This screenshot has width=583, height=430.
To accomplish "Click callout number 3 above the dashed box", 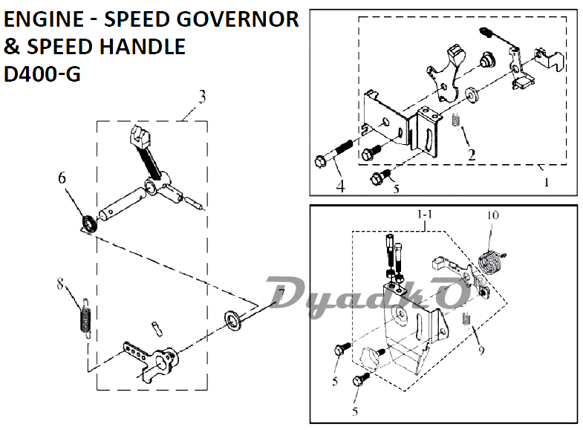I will (x=202, y=97).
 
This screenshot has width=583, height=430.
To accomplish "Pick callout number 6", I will (x=62, y=178).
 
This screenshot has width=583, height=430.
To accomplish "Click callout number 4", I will (x=340, y=186).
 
